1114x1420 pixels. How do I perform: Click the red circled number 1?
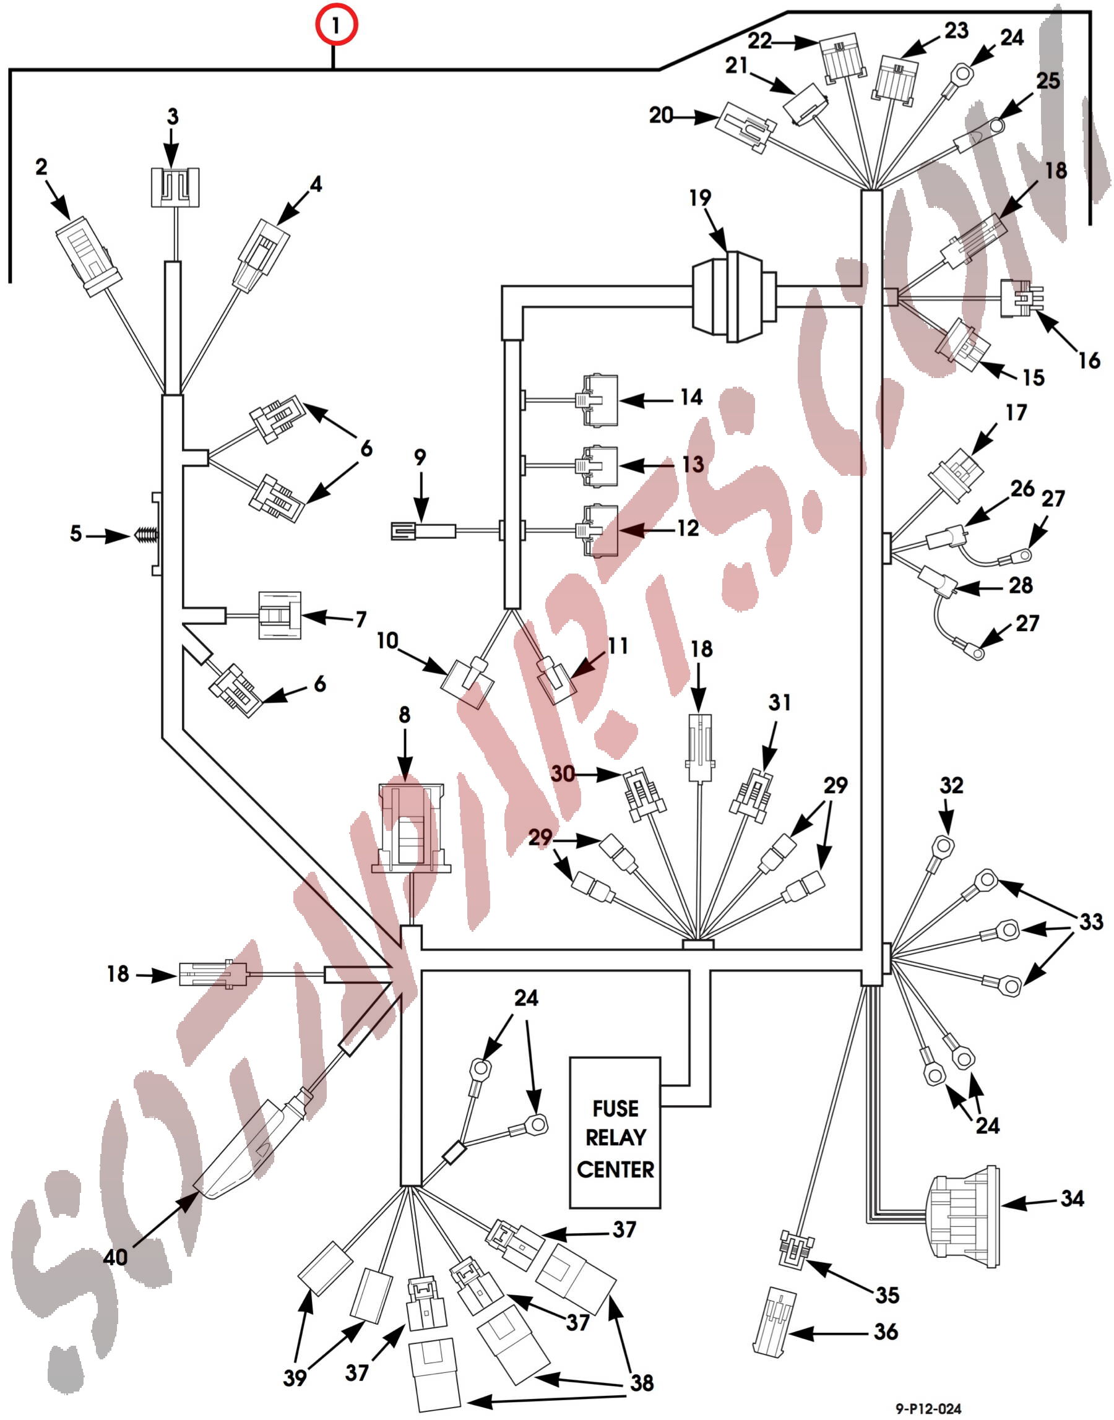coord(336,25)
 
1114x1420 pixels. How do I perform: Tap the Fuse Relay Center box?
coord(615,1138)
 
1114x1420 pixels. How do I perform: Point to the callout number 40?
coord(116,1257)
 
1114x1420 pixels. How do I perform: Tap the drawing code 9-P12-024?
coord(928,1408)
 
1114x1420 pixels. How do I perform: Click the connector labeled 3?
coord(175,187)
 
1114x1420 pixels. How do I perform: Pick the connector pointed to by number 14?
coord(598,400)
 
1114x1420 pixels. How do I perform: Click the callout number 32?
coord(951,785)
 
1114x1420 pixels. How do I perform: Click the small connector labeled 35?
coord(797,1248)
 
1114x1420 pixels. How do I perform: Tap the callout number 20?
coord(661,116)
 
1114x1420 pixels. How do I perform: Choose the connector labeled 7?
coord(280,615)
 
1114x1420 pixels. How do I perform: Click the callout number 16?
coord(1089,360)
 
